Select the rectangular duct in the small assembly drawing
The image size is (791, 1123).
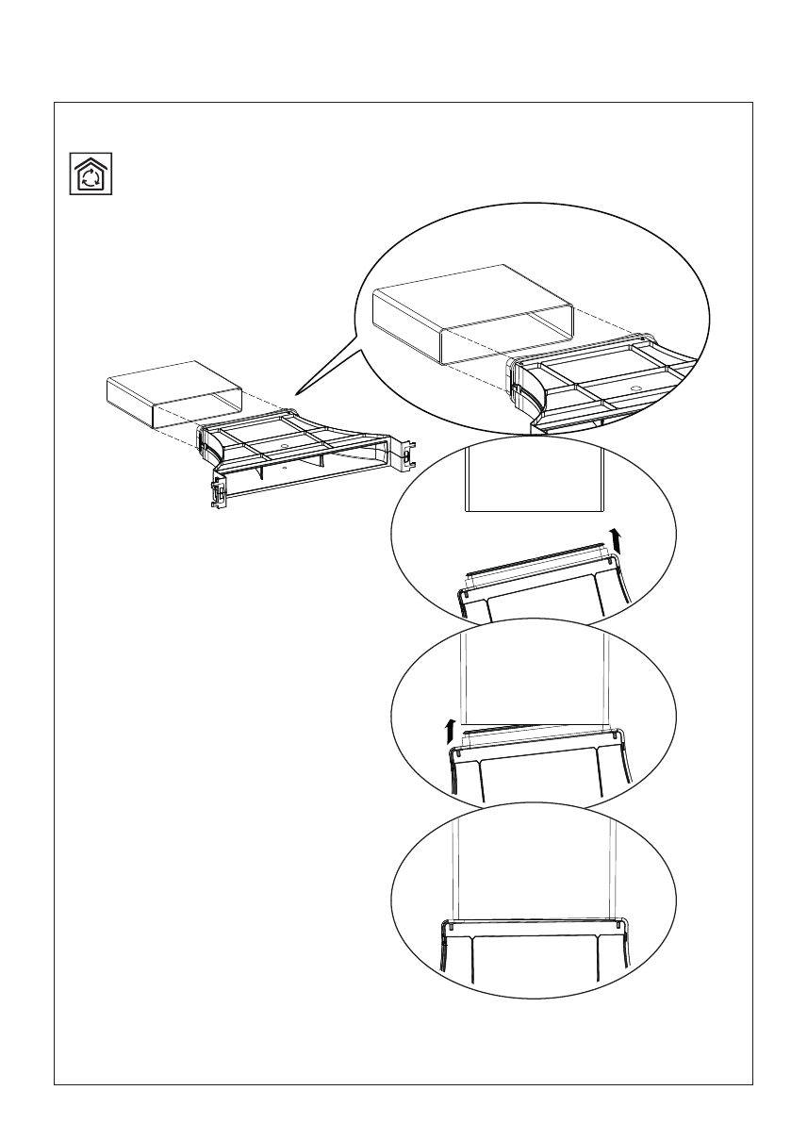click(175, 393)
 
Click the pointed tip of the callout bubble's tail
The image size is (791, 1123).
click(295, 393)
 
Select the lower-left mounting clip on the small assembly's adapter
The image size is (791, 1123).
click(217, 491)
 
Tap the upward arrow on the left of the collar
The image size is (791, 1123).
click(452, 731)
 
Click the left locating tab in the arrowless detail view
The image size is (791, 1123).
click(452, 926)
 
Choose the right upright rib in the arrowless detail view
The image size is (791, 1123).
click(598, 962)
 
